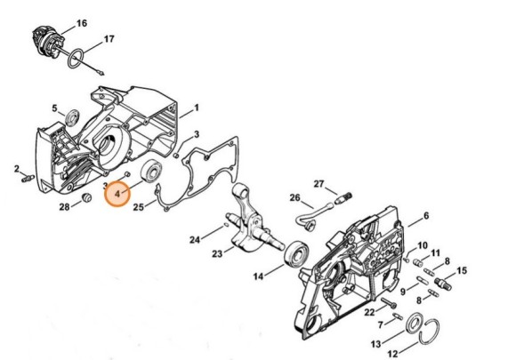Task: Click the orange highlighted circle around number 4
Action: click(117, 190)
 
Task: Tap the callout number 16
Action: click(81, 21)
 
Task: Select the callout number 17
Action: click(109, 39)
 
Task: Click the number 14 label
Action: click(234, 276)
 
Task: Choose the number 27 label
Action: click(318, 183)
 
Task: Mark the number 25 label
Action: click(138, 207)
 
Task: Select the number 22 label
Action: click(368, 311)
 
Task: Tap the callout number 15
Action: click(462, 270)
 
